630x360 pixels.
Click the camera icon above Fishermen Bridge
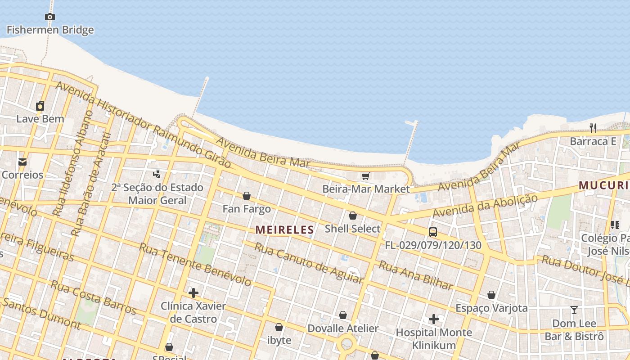tap(50, 17)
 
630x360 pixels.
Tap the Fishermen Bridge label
tap(50, 30)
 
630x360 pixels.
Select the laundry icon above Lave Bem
tap(40, 106)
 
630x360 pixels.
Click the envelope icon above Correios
tap(22, 162)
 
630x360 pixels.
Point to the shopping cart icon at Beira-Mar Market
tap(365, 176)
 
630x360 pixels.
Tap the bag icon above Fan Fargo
tap(247, 196)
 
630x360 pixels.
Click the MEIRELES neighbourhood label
tap(284, 230)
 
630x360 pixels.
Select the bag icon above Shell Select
tap(353, 216)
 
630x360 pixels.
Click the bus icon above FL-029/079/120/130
tap(433, 232)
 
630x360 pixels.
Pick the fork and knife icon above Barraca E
tap(593, 128)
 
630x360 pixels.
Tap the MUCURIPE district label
tap(603, 185)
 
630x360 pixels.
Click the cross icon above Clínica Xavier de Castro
tap(193, 293)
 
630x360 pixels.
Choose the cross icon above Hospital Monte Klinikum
tap(434, 319)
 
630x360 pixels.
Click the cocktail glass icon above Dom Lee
tap(574, 310)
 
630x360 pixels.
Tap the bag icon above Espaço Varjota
tap(491, 295)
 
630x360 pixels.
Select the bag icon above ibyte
tap(279, 327)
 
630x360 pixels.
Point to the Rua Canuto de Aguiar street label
tap(309, 263)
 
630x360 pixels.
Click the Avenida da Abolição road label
tap(485, 206)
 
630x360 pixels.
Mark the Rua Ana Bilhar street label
tap(415, 275)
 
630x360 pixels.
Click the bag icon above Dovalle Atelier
tap(343, 315)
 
